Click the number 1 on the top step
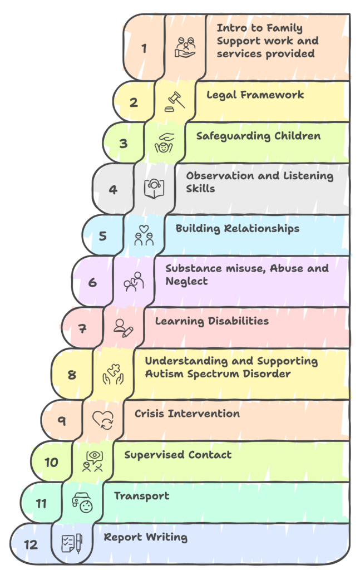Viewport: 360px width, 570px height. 144,48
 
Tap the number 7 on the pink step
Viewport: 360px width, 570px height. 82,328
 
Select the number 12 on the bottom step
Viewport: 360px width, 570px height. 31,544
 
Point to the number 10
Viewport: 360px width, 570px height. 51,461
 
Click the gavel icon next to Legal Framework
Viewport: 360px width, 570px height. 175,101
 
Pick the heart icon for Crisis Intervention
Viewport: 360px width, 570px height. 103,420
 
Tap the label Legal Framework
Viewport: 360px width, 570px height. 255,95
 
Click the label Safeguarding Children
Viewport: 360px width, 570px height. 258,136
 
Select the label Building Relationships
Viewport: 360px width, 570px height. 238,229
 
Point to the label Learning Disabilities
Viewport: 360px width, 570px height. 212,321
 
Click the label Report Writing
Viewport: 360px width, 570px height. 146,537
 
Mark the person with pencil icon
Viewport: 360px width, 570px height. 123,327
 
